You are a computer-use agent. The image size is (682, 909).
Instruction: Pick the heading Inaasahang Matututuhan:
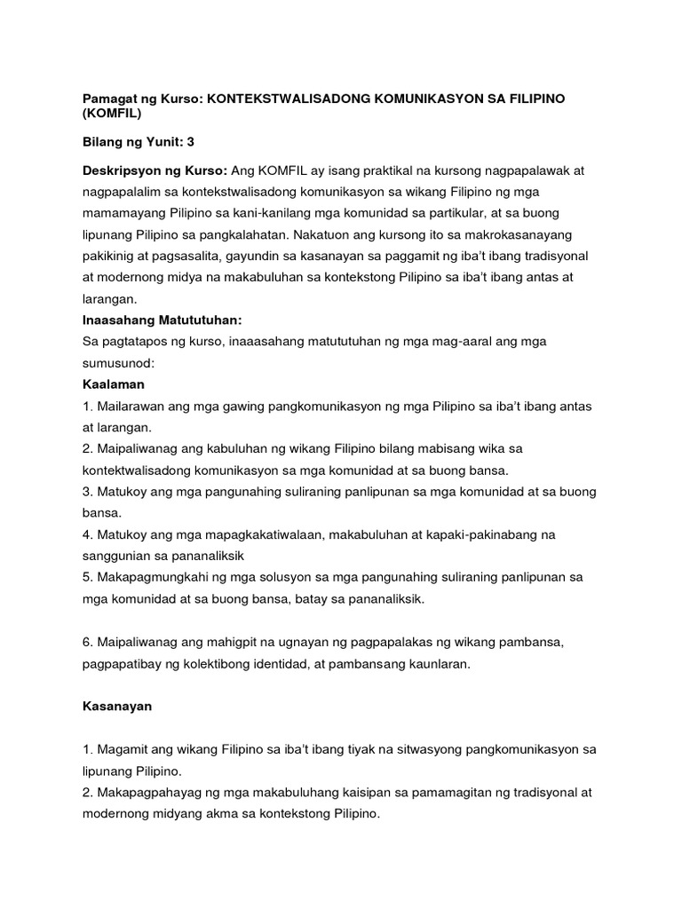tap(163, 319)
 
